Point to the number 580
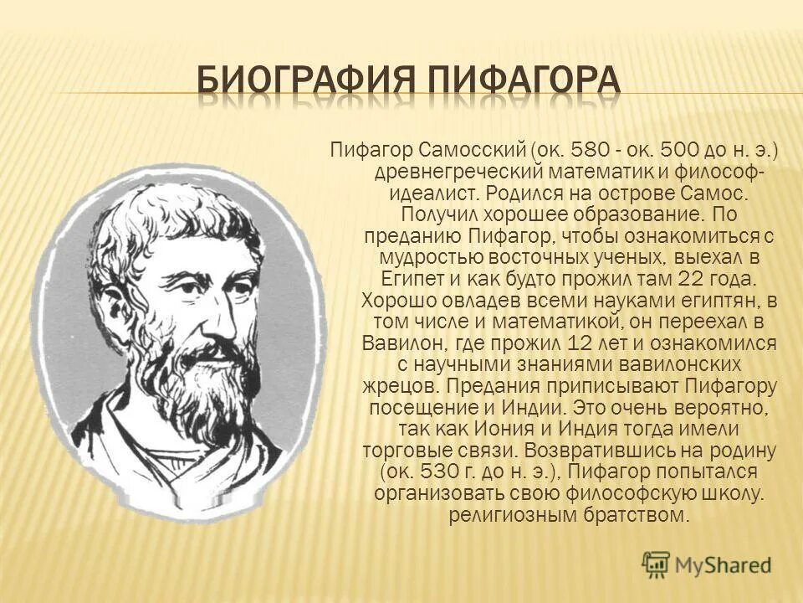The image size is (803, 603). pos(586,151)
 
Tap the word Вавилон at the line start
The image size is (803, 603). pos(396,343)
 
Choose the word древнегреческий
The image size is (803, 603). pos(436,172)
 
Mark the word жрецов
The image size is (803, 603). pos(401,386)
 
